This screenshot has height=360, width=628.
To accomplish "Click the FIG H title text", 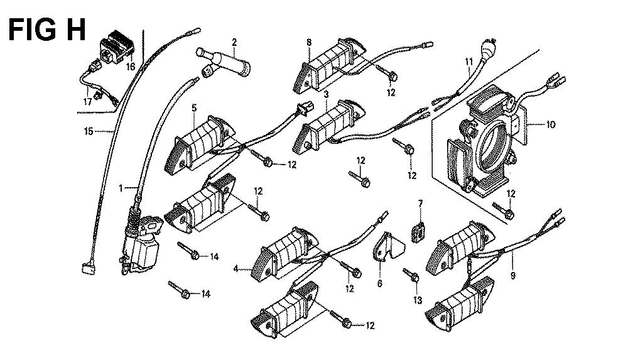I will (x=48, y=29).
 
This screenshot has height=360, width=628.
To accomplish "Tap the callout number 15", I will (x=89, y=131).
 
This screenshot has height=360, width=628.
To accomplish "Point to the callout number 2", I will (x=234, y=42).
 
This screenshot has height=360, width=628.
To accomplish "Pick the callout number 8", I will (x=309, y=42).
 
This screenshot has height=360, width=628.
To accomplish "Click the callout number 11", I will (x=468, y=61).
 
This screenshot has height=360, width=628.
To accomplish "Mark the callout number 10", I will (x=550, y=124).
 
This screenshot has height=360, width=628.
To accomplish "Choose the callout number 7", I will (x=421, y=202).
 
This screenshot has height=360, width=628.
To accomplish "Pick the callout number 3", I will (x=326, y=94).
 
